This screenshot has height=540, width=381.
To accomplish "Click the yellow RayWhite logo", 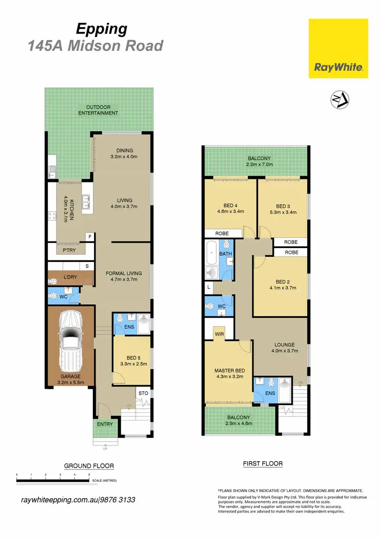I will [338, 49].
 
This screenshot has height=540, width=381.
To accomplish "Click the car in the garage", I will [71, 342].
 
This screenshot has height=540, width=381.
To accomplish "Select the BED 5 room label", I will [132, 357].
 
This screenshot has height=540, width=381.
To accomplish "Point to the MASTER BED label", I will [229, 370].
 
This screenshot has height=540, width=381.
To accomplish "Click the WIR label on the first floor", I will [219, 334].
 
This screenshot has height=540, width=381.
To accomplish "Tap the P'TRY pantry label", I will [70, 250].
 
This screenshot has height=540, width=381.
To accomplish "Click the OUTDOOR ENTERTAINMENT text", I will [99, 110].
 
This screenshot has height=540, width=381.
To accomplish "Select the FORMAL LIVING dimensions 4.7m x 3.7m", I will [123, 280].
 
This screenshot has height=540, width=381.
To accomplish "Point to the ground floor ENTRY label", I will [105, 424].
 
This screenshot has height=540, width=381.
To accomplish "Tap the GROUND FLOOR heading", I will [88, 466].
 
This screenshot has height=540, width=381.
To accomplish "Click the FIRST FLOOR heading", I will [262, 464].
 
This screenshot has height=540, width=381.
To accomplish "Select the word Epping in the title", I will [102, 29].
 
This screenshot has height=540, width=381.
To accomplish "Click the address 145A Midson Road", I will [95, 46].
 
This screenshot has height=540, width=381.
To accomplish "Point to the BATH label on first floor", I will [225, 253].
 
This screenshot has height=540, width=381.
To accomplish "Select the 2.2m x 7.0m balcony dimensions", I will [260, 165].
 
